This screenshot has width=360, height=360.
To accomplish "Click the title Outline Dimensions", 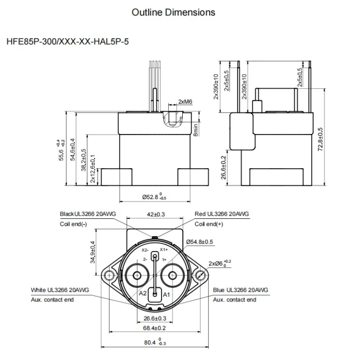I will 173,12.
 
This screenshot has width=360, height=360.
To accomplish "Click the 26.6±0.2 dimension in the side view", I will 224,167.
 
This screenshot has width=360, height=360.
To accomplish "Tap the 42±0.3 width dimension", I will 156,214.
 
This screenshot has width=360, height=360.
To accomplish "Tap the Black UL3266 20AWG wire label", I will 88,214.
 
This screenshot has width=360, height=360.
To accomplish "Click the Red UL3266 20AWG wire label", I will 222,214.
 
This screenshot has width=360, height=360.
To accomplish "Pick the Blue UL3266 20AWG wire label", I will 241,290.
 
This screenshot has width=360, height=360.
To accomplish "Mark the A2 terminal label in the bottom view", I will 143,293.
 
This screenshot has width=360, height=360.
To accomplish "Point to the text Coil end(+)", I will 209,224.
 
